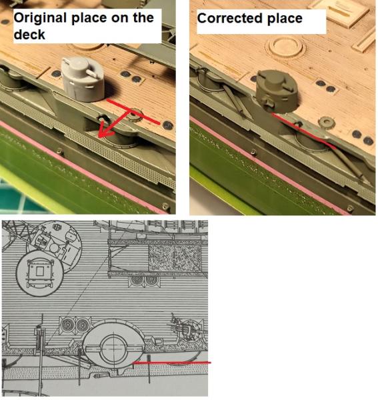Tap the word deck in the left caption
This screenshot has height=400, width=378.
click(x=29, y=35)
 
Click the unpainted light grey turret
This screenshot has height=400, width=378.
click(x=83, y=79)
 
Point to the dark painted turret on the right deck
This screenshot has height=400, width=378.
click(x=277, y=91)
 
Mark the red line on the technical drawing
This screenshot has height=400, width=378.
click(x=172, y=362)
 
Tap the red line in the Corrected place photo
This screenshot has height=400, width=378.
click(x=303, y=131)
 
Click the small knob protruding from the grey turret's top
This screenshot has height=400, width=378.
click(x=92, y=72)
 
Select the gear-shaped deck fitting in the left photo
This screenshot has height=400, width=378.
click(x=135, y=115)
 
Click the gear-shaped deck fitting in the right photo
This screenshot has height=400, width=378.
click(x=327, y=122)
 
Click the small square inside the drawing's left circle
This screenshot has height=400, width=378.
click(x=39, y=271)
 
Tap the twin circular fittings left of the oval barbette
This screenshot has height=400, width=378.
click(x=75, y=325)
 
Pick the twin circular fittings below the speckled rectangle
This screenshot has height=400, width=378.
click(x=145, y=281)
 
